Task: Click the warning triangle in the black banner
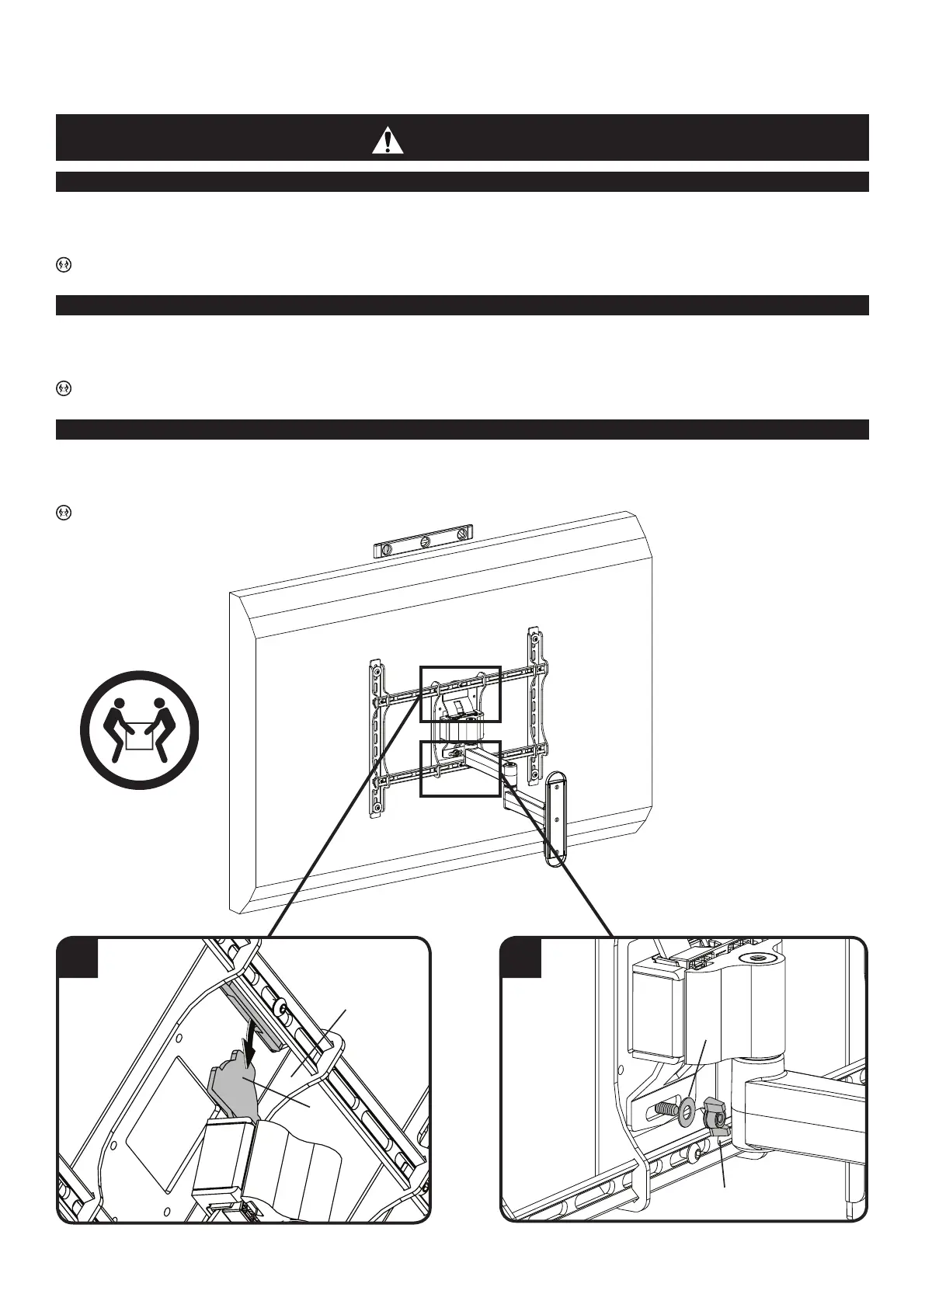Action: pos(387,141)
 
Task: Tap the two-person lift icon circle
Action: pos(140,730)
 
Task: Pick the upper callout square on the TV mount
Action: pos(460,693)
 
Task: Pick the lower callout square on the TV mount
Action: pos(460,768)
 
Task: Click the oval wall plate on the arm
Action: pos(556,818)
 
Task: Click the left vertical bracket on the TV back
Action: pos(376,738)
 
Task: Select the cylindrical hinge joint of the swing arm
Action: pos(510,774)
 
